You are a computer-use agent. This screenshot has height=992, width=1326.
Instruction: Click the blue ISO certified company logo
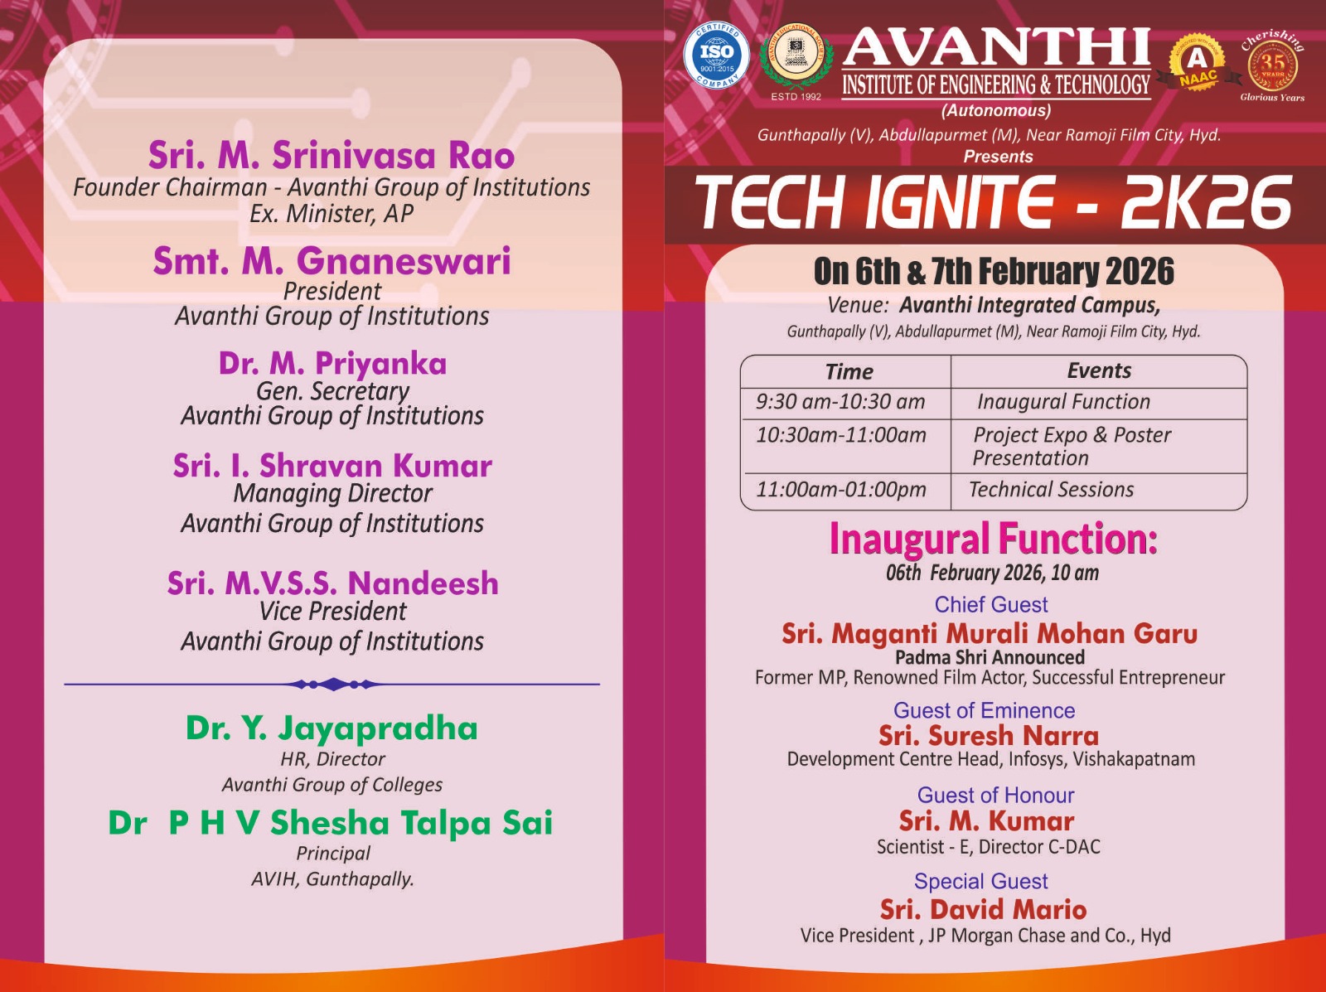point(717,55)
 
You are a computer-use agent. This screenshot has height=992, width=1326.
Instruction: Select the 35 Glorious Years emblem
point(1273,65)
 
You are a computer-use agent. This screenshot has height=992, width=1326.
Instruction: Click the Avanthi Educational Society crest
point(796,59)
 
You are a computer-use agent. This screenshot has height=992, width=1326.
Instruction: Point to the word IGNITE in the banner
point(960,203)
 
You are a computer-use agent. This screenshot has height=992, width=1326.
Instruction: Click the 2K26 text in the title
point(1207,203)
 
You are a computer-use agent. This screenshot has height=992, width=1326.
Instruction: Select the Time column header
point(849,371)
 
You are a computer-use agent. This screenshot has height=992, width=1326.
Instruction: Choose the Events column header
point(1099,370)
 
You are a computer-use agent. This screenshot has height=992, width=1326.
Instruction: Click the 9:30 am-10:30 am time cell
point(840,402)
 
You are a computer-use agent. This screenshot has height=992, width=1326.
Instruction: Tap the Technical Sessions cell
point(1051,489)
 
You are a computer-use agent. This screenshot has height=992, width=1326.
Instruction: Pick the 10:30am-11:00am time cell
point(841,435)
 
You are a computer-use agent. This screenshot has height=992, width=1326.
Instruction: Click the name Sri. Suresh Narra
point(989,736)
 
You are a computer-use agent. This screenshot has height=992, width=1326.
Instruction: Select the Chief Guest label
point(990,605)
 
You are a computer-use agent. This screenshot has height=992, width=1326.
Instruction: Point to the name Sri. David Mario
point(984,909)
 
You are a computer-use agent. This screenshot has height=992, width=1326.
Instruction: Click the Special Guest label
point(980,882)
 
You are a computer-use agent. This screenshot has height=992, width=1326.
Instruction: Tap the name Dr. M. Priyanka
point(332,364)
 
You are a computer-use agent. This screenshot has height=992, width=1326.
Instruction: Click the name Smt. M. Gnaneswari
point(331,261)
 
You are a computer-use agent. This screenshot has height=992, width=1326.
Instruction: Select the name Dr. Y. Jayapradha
point(331,728)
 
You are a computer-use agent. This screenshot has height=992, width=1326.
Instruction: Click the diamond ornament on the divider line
point(333,685)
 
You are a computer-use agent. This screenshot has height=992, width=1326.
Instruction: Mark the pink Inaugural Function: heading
point(993,539)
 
